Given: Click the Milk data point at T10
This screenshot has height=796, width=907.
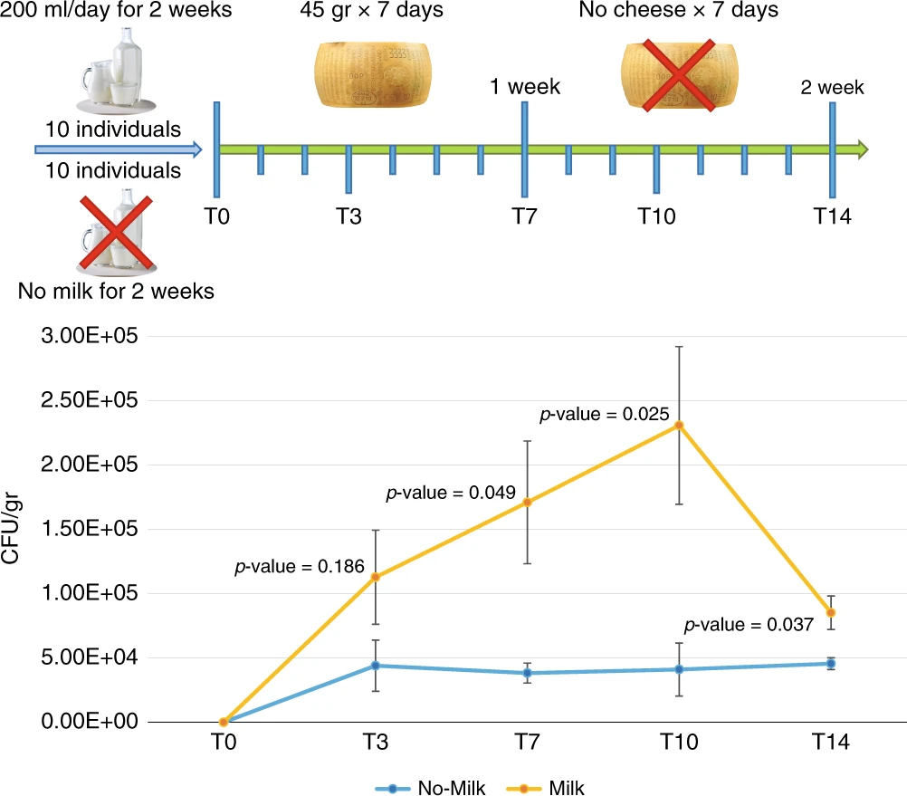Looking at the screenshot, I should [x=679, y=425].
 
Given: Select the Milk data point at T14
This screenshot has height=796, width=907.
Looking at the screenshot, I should [x=831, y=613].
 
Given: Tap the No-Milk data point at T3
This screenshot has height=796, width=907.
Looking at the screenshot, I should [x=374, y=666].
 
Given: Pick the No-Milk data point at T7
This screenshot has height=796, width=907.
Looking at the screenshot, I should [x=526, y=673].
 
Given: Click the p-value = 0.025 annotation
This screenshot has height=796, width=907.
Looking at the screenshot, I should [x=604, y=415].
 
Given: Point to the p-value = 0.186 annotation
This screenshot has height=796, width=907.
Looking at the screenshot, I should [x=300, y=568].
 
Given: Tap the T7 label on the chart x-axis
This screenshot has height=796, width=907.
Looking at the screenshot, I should [x=526, y=743].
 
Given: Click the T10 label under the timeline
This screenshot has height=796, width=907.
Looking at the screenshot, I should [x=657, y=216].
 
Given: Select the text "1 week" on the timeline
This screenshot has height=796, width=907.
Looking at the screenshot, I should [x=525, y=87].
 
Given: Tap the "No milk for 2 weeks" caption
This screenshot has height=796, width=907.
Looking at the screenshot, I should [x=115, y=292].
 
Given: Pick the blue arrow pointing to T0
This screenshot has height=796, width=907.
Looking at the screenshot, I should [x=119, y=149].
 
